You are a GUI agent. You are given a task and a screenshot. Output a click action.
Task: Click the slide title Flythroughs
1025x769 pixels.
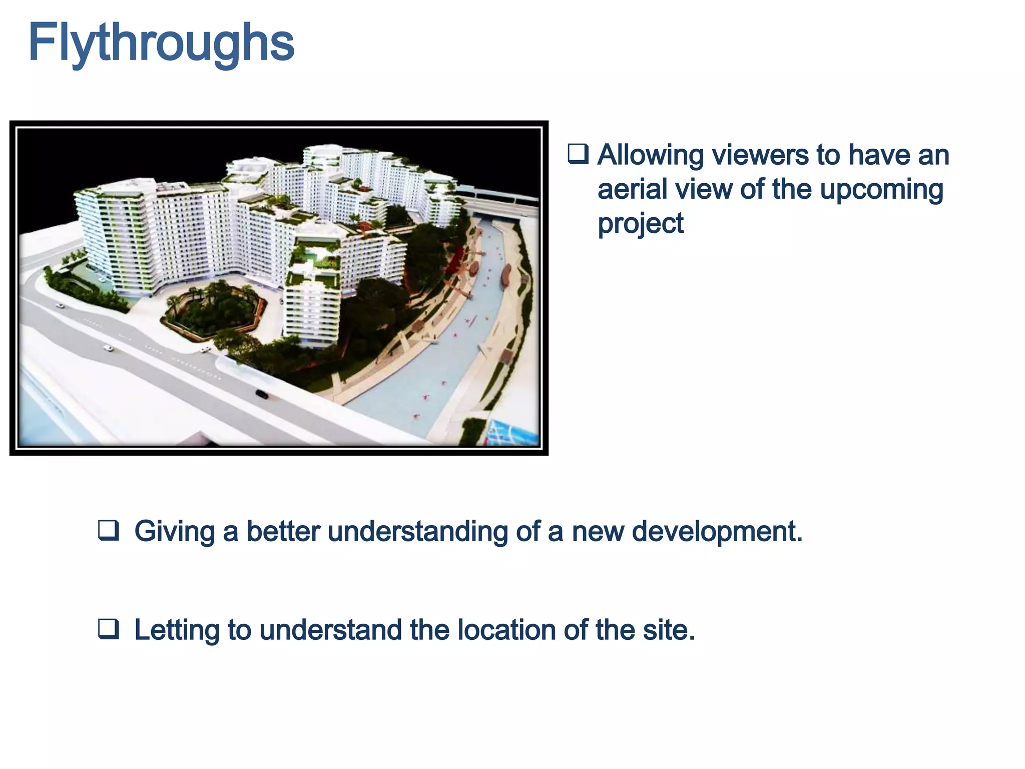click(161, 43)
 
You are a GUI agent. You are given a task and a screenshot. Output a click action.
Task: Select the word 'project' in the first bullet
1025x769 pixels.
click(640, 223)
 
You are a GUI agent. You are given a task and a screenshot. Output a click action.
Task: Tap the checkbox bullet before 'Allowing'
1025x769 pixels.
click(578, 154)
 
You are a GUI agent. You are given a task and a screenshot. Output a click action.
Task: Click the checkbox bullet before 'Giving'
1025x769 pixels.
click(109, 531)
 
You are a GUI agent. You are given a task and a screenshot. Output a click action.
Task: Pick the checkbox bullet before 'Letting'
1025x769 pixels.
click(109, 629)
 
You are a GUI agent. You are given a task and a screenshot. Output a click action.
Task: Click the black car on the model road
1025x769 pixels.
click(262, 395)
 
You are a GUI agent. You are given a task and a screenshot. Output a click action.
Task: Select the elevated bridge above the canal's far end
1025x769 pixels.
click(500, 197)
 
